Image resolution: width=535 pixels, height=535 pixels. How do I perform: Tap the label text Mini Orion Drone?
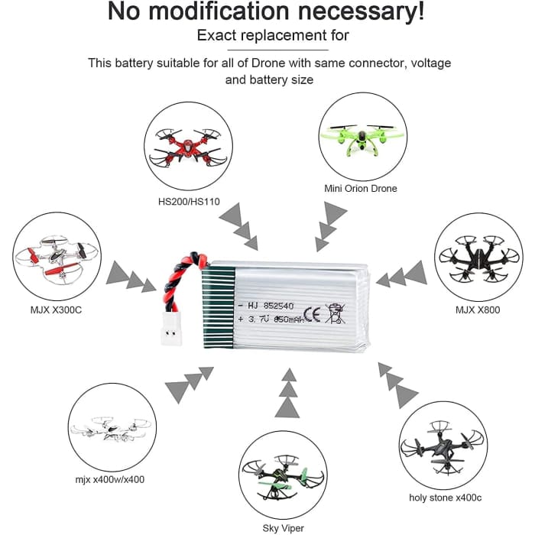360,188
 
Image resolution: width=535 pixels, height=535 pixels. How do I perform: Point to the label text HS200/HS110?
187,201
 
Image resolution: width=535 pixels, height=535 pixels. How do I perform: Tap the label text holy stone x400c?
445,498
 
